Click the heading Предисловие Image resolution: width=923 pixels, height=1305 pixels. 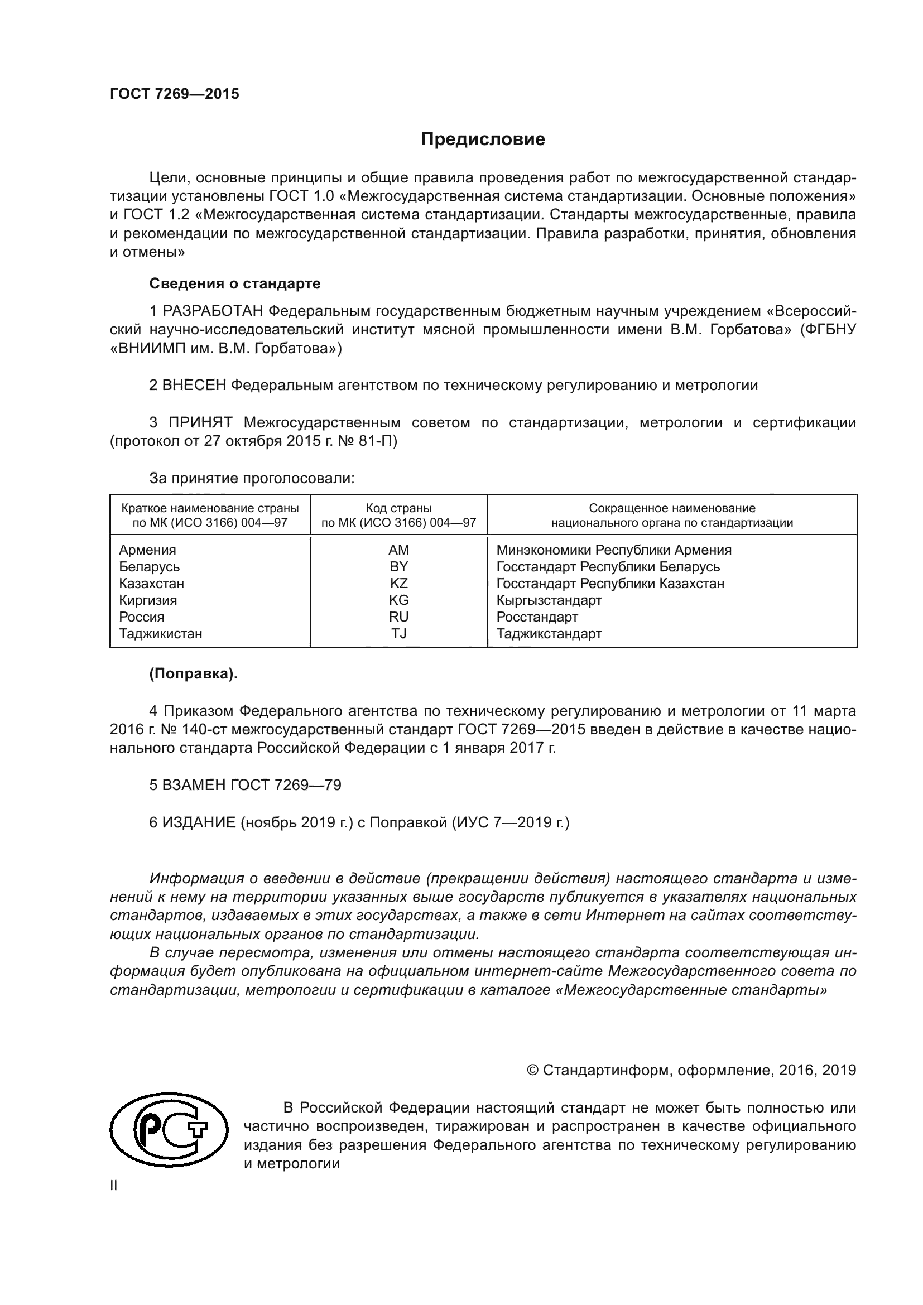click(483, 139)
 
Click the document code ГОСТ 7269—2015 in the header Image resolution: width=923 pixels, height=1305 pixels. click(175, 94)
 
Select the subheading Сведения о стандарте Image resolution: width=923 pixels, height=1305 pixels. click(235, 283)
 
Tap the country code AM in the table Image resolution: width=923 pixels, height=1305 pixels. click(398, 550)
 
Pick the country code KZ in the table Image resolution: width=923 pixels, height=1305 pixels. click(398, 583)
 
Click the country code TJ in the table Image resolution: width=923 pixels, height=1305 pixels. click(398, 633)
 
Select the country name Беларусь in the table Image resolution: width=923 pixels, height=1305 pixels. click(149, 567)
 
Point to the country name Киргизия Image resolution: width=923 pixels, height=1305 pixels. click(148, 600)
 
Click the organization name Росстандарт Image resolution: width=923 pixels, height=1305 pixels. click(536, 617)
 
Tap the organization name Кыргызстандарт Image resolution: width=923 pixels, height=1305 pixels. click(549, 600)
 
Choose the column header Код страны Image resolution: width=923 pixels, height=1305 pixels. click(398, 508)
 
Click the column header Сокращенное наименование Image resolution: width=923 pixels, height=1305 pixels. click(672, 508)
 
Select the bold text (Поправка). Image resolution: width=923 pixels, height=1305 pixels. click(193, 673)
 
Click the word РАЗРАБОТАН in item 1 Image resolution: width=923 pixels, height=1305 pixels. click(213, 311)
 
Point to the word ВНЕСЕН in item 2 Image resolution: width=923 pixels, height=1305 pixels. click(194, 386)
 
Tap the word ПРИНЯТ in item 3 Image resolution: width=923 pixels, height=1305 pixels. click(200, 422)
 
